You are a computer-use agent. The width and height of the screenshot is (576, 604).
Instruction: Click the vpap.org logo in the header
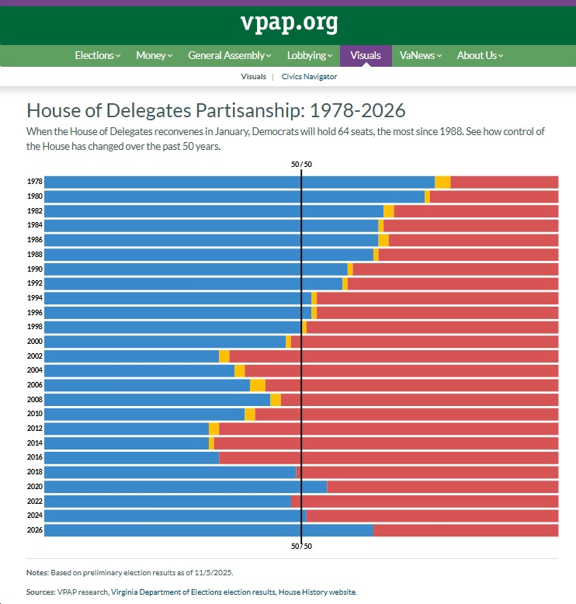[x=289, y=23]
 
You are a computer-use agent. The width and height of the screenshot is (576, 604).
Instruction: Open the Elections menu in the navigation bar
[x=97, y=55]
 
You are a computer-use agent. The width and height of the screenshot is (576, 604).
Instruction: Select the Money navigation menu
[x=154, y=55]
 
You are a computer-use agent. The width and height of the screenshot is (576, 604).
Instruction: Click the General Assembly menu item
[x=229, y=55]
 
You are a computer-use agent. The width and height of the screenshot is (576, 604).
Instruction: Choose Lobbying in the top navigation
[x=309, y=55]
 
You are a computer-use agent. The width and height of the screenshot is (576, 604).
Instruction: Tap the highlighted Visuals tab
[x=366, y=55]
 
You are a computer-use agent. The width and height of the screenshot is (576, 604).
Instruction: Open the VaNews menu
[x=420, y=55]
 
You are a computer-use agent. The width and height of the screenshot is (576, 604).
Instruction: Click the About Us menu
[x=480, y=55]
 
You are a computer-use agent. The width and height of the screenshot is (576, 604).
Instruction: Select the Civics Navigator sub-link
[x=310, y=77]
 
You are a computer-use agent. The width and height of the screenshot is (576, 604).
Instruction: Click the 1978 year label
[x=34, y=182]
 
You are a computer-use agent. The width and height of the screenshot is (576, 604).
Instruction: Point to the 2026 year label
[x=34, y=530]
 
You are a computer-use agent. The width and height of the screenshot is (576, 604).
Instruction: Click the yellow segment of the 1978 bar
[x=442, y=182]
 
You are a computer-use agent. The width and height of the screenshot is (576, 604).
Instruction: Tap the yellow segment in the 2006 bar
[x=258, y=385]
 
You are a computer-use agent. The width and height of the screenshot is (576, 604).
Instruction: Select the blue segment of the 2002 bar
[x=131, y=356]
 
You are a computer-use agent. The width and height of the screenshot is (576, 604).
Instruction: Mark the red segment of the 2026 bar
[x=466, y=530]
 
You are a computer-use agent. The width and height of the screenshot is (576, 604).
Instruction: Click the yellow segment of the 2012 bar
[x=214, y=429]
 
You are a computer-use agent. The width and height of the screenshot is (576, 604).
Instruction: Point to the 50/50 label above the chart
[x=301, y=165]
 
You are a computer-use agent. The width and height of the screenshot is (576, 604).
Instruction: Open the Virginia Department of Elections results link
[x=193, y=592]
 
